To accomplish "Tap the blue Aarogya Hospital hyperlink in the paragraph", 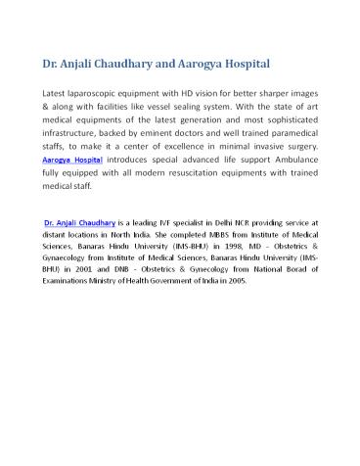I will pyautogui.click(x=76, y=157).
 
